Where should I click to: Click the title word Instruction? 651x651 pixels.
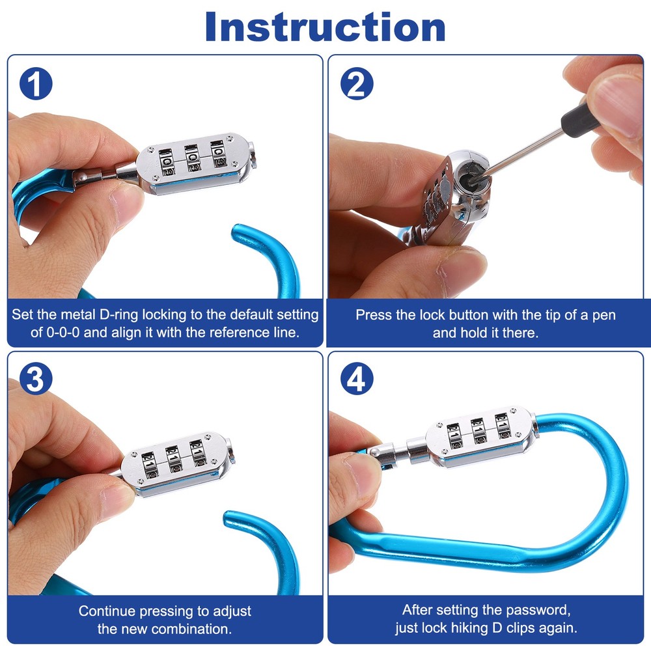pyautogui.click(x=325, y=27)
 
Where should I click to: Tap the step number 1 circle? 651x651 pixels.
pyautogui.click(x=36, y=83)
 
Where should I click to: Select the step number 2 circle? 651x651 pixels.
pyautogui.click(x=357, y=83)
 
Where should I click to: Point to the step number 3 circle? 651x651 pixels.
pyautogui.click(x=36, y=379)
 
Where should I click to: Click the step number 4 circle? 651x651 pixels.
pyautogui.click(x=357, y=379)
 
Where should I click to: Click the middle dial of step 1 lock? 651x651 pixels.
pyautogui.click(x=193, y=158)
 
